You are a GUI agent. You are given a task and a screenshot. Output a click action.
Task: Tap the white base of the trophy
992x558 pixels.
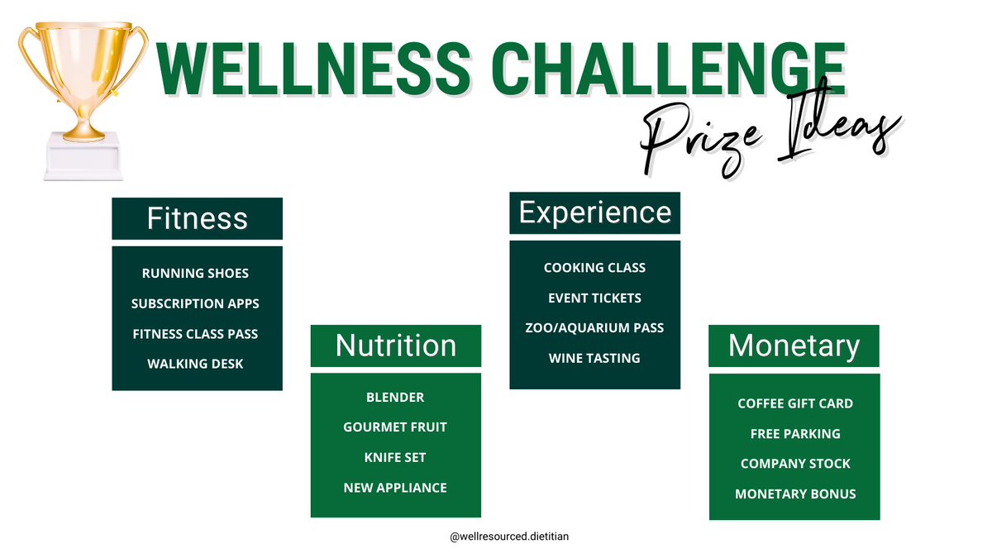pos(83,157)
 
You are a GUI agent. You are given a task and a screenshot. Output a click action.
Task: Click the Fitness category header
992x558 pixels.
pos(197,219)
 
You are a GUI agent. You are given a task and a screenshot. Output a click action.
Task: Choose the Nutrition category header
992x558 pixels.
pos(395,346)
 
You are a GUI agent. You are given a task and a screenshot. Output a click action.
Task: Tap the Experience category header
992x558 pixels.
pos(594,213)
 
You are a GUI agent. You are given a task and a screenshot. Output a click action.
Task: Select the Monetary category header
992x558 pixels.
pos(794,346)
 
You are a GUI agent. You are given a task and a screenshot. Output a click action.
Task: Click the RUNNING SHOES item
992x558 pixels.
pos(195,273)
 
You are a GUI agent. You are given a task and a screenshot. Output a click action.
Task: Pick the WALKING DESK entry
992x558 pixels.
pos(195,364)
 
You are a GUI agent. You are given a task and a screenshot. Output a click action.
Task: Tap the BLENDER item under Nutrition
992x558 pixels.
pos(395,397)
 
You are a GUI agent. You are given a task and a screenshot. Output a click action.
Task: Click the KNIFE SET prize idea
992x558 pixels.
pos(395,457)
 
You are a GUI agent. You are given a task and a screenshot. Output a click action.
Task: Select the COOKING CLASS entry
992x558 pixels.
pos(594,268)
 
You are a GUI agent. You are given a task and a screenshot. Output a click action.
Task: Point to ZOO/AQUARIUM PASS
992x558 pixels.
pos(594,328)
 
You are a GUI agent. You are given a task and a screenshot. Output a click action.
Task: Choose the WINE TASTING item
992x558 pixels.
pos(594,358)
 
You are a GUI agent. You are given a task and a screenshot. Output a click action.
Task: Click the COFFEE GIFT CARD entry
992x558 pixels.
pos(795,403)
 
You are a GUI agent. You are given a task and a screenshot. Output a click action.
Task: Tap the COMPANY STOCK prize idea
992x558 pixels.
pos(795,464)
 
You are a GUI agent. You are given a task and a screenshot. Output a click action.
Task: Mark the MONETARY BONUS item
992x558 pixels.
pos(795,494)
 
